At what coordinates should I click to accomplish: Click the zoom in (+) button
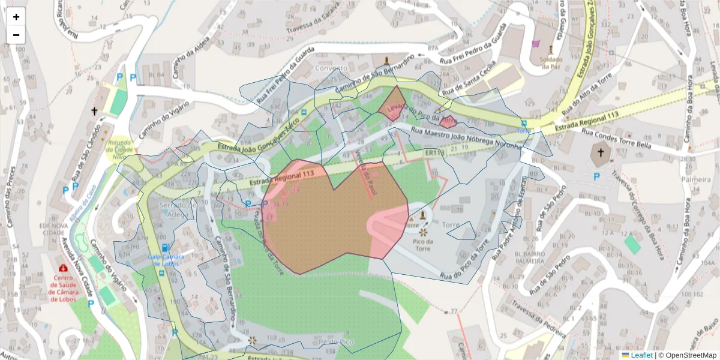point(16,17)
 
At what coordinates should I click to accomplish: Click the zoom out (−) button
point(16,35)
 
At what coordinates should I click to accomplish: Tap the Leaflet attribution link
point(641,355)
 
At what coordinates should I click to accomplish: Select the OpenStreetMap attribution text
point(688,355)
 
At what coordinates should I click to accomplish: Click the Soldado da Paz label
point(551,62)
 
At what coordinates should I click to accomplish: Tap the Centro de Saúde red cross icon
point(63,268)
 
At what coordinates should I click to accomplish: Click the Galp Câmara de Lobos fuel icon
point(164,247)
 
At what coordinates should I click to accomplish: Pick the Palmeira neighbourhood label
point(695,179)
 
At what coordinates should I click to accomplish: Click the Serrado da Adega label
point(178,209)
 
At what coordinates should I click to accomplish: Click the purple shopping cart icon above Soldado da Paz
point(536,44)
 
